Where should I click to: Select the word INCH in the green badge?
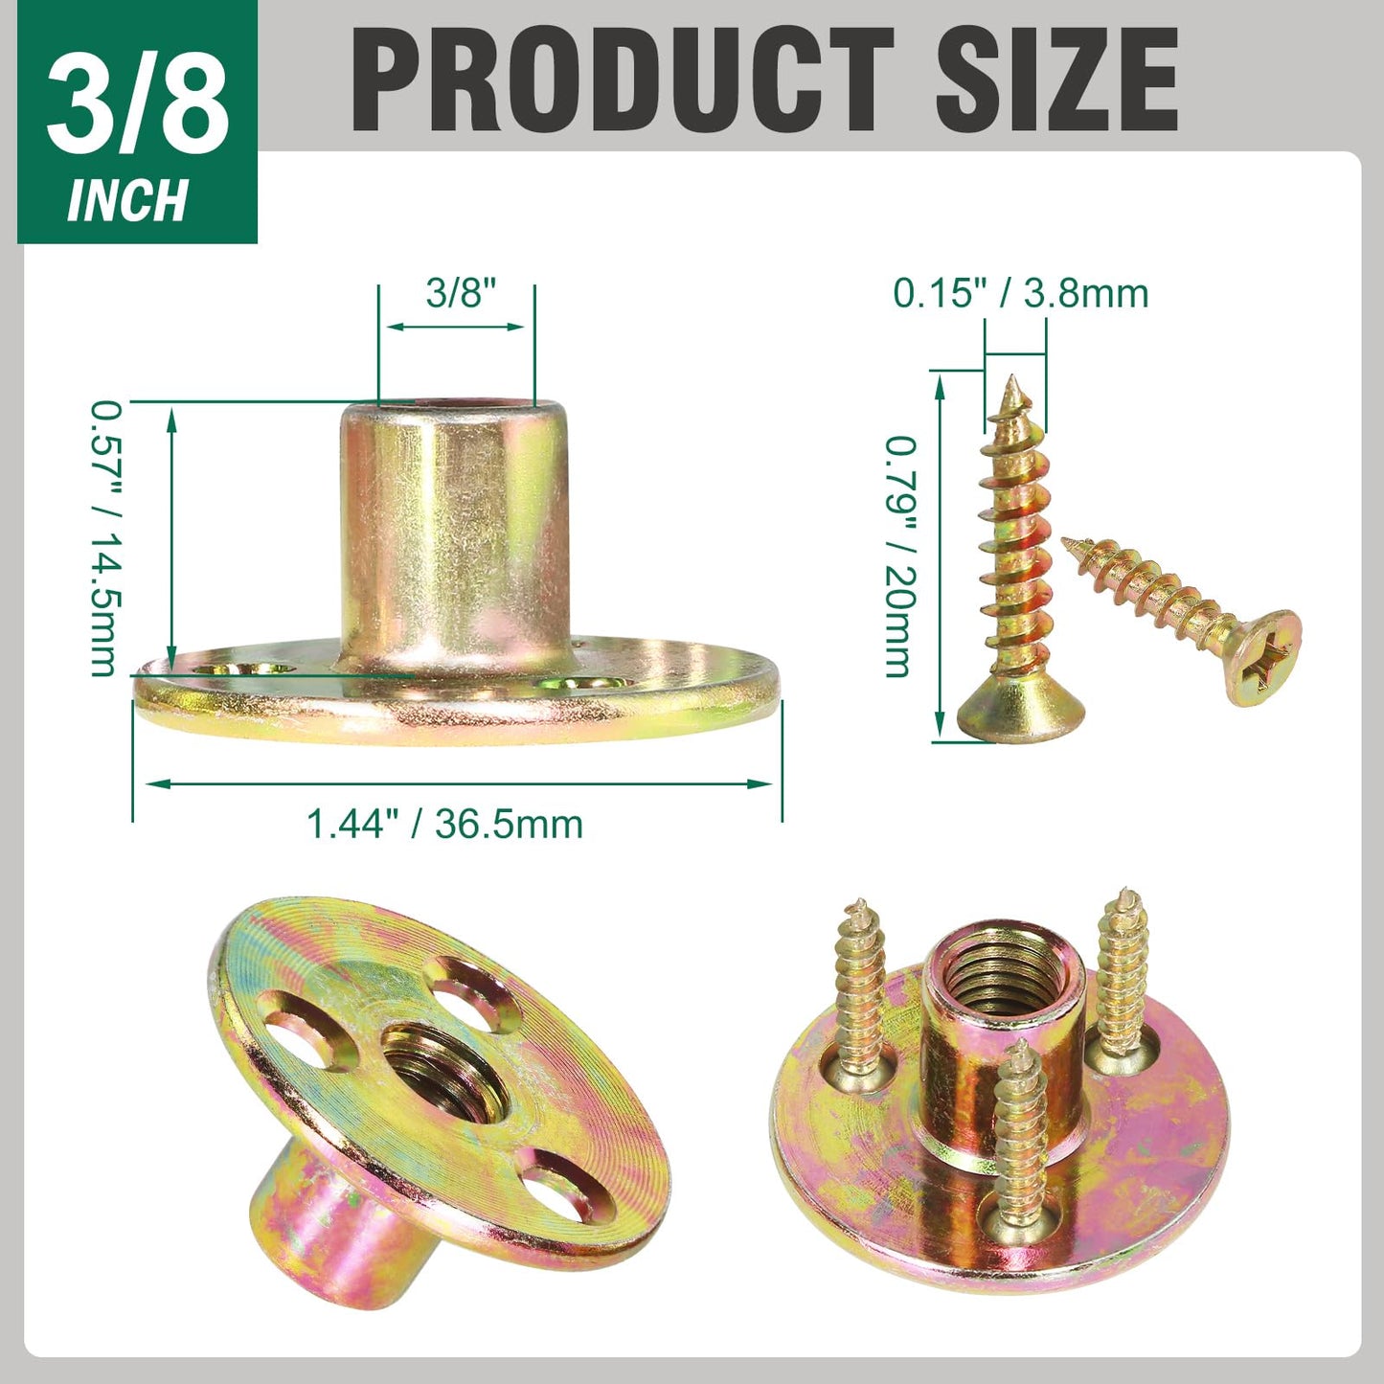coord(126,200)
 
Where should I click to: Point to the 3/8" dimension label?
coord(461,293)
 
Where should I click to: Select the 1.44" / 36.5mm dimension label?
coord(444,824)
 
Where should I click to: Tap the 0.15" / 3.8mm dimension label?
coord(1020,292)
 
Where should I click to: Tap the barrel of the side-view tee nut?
coord(454,536)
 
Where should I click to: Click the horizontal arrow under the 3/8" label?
coord(456,327)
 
